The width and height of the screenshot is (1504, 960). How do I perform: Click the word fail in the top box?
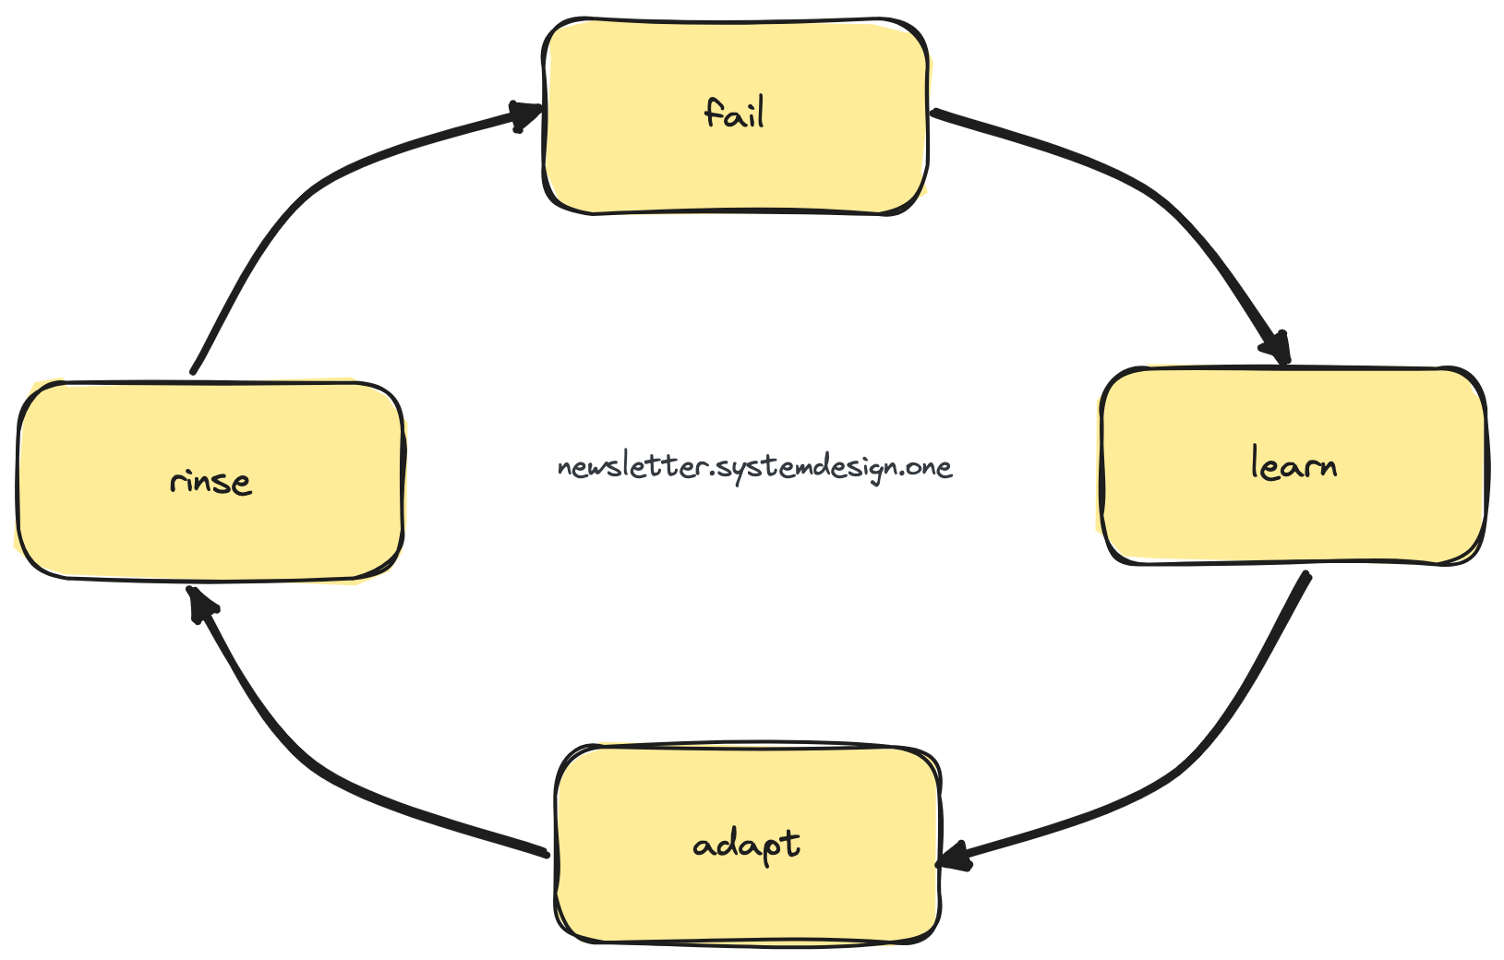(x=735, y=114)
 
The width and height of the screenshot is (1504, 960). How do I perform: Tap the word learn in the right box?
(x=1293, y=464)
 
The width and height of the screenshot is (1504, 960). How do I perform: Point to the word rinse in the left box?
(x=211, y=482)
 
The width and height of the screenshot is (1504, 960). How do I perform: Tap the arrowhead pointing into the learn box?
(x=1277, y=349)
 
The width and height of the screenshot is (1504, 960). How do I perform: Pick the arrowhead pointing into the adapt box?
(x=956, y=858)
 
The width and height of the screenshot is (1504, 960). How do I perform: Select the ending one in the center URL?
(x=929, y=467)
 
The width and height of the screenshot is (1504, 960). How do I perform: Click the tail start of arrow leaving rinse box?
(x=194, y=370)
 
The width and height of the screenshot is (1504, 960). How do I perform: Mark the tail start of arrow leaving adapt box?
(x=547, y=854)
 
